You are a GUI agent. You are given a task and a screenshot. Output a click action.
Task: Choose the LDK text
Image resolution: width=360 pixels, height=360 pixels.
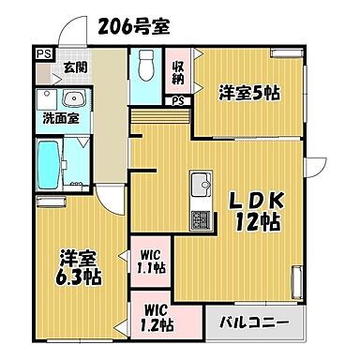coord(253,199)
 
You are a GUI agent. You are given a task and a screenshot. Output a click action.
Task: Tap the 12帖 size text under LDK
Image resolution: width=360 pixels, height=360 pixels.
coord(253,222)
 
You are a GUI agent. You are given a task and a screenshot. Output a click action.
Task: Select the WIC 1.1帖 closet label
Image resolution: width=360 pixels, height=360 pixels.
coord(151,261)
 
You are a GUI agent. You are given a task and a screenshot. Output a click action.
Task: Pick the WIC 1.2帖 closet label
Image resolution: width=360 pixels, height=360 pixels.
coord(157,319)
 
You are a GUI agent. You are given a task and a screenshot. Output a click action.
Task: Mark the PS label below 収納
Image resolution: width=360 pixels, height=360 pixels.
coord(177,100)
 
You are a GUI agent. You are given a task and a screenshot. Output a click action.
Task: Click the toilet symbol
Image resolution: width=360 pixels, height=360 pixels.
coord(146,67)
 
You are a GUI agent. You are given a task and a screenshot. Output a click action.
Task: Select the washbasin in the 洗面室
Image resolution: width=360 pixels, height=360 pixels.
coord(75,99)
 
